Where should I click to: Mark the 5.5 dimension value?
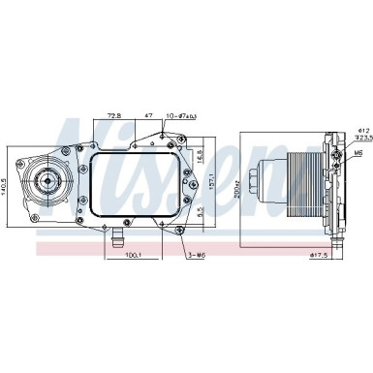[x=200, y=211]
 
